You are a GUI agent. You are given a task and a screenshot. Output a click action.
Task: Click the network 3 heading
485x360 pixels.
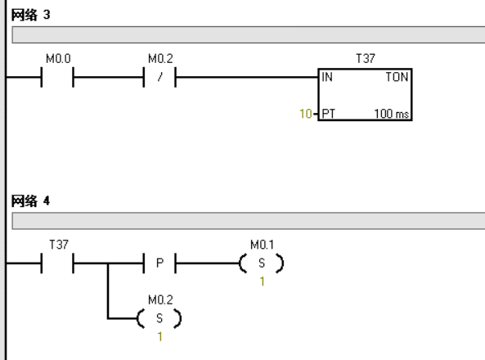tap(30, 15)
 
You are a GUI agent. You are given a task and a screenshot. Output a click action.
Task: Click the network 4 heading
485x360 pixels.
tap(30, 201)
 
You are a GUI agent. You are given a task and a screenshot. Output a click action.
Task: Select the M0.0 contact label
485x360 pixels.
tap(58, 59)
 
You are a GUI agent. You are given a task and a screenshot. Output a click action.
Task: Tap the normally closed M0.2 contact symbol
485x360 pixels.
tap(159, 77)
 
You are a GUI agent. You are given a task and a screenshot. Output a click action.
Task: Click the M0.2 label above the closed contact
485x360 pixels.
tap(160, 59)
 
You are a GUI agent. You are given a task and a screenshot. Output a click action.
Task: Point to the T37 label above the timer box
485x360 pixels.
tap(366, 58)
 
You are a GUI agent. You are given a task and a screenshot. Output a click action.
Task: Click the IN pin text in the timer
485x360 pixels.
tap(327, 77)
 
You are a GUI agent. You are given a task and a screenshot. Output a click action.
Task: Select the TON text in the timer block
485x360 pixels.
tap(397, 77)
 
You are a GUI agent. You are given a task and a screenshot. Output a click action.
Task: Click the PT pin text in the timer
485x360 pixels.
tap(328, 114)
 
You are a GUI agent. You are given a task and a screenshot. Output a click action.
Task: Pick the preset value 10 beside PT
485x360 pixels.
tap(306, 114)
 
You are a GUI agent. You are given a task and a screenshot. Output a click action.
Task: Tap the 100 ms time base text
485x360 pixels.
tap(392, 114)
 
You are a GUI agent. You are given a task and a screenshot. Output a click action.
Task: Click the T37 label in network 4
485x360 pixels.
tap(59, 245)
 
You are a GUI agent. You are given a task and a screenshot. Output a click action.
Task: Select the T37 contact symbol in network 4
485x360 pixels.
tap(57, 263)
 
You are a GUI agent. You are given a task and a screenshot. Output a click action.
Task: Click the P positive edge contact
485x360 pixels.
tap(159, 263)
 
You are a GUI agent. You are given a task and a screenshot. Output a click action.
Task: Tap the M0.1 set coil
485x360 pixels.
tap(262, 263)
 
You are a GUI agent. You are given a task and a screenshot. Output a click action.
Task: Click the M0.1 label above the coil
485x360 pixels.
tap(263, 245)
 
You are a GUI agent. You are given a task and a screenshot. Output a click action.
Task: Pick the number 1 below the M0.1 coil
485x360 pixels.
tap(263, 281)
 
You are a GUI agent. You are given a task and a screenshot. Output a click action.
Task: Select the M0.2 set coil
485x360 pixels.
tap(159, 318)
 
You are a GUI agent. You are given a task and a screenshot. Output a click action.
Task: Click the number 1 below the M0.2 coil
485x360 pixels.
tap(160, 337)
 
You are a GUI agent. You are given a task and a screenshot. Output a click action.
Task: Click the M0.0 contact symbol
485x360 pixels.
tap(57, 77)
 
